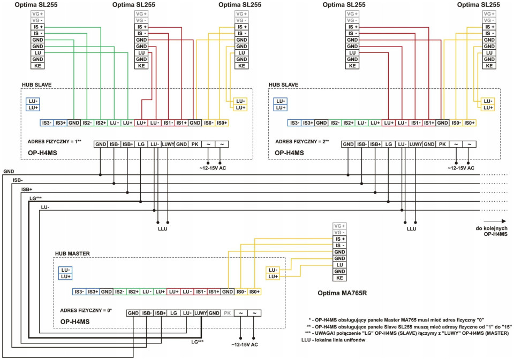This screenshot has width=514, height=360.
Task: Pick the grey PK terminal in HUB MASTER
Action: coord(228,313)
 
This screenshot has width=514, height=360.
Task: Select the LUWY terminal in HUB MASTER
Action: coord(201,313)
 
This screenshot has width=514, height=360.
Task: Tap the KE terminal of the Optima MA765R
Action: coord(339,278)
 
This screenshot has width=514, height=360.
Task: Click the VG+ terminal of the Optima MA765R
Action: coord(339,226)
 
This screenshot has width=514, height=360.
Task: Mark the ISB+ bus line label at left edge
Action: coord(27,189)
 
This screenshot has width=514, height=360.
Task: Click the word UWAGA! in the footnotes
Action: coord(329,333)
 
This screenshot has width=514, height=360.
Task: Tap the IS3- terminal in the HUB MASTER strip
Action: coord(79,291)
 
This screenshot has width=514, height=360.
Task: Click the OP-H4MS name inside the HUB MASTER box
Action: coord(74,321)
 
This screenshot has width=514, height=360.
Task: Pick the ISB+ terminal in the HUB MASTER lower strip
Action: coord(161,313)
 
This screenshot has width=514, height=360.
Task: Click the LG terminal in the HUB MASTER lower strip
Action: coord(174,313)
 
